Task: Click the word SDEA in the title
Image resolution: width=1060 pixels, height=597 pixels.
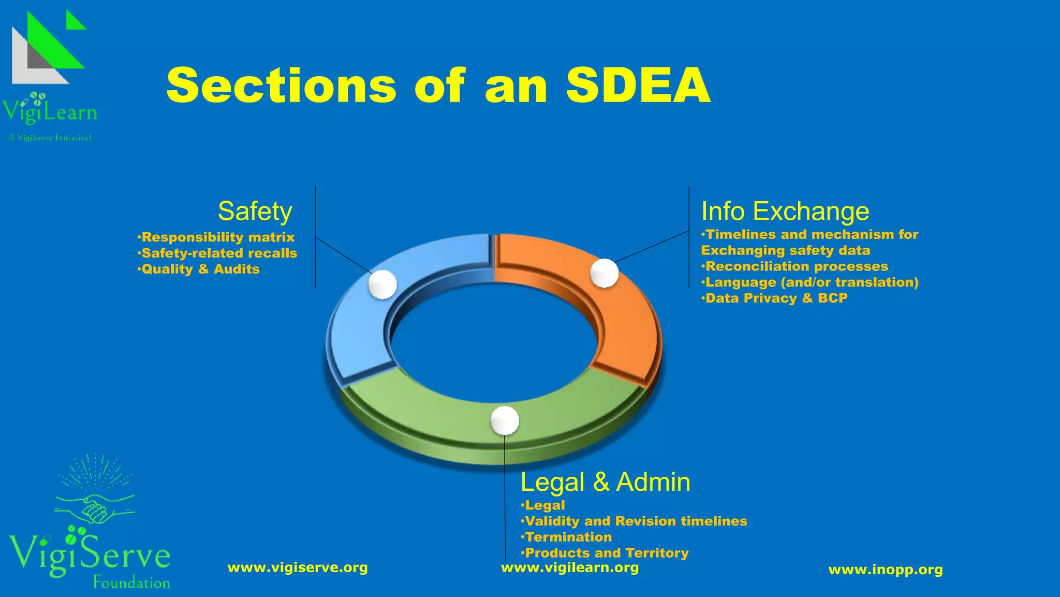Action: [638, 86]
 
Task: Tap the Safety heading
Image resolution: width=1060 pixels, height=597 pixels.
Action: [255, 211]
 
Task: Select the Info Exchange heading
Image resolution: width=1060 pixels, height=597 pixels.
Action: [785, 211]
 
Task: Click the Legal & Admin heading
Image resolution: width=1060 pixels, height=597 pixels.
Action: [605, 482]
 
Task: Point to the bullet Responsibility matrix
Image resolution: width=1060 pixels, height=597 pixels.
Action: [217, 237]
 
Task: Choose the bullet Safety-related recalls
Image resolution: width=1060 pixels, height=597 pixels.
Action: [219, 253]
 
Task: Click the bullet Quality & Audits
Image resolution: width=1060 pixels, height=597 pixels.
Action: [200, 269]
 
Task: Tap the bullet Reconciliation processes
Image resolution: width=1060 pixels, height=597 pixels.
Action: [796, 266]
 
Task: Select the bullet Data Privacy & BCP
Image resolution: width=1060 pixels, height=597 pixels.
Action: [776, 298]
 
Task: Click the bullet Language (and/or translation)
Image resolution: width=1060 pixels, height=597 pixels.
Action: [811, 282]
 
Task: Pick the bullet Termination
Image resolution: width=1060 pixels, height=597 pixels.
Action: [568, 537]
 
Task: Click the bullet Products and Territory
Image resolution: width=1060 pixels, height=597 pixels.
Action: [606, 553]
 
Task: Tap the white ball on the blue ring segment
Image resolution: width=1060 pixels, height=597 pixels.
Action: [382, 285]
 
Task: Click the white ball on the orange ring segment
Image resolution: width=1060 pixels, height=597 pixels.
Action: [605, 273]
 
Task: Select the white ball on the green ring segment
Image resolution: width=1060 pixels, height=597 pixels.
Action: [505, 420]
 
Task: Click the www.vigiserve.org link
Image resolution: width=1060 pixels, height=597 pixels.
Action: [298, 568]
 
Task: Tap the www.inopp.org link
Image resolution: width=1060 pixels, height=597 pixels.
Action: [886, 570]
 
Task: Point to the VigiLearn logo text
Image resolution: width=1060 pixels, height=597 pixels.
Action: [50, 112]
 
